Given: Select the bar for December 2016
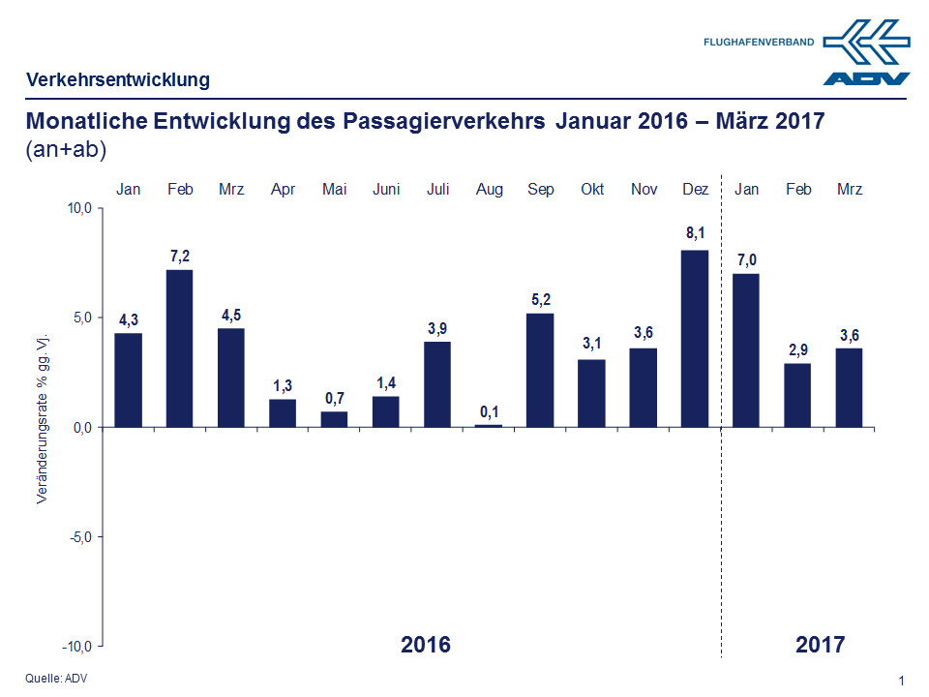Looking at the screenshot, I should point(695,339).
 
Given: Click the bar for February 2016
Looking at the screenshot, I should point(180,348).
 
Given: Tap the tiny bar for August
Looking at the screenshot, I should point(489,425).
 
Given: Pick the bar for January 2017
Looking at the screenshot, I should point(746,350).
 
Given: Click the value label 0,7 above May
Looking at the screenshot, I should point(335,397).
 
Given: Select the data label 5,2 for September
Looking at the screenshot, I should point(541,299).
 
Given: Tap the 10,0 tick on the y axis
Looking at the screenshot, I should point(78,208).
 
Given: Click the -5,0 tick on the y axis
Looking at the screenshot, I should point(78,536).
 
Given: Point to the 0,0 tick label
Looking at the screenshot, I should point(79,427).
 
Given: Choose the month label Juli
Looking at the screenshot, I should point(437,190).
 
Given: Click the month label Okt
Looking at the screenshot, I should point(592,190).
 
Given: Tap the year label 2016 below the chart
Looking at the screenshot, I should point(426,644).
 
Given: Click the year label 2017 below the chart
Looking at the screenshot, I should point(821,644).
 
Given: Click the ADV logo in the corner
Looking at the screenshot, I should point(867,53).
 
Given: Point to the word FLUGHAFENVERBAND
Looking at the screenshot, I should point(759,43).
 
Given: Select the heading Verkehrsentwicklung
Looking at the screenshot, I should point(117,79).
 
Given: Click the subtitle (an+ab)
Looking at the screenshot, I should point(66,150).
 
